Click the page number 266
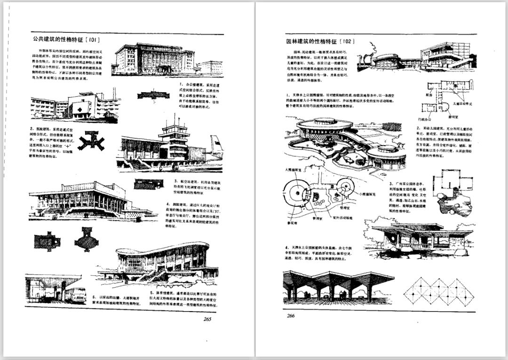click(x=291, y=315)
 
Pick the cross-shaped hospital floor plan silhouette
click(x=91, y=140)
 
